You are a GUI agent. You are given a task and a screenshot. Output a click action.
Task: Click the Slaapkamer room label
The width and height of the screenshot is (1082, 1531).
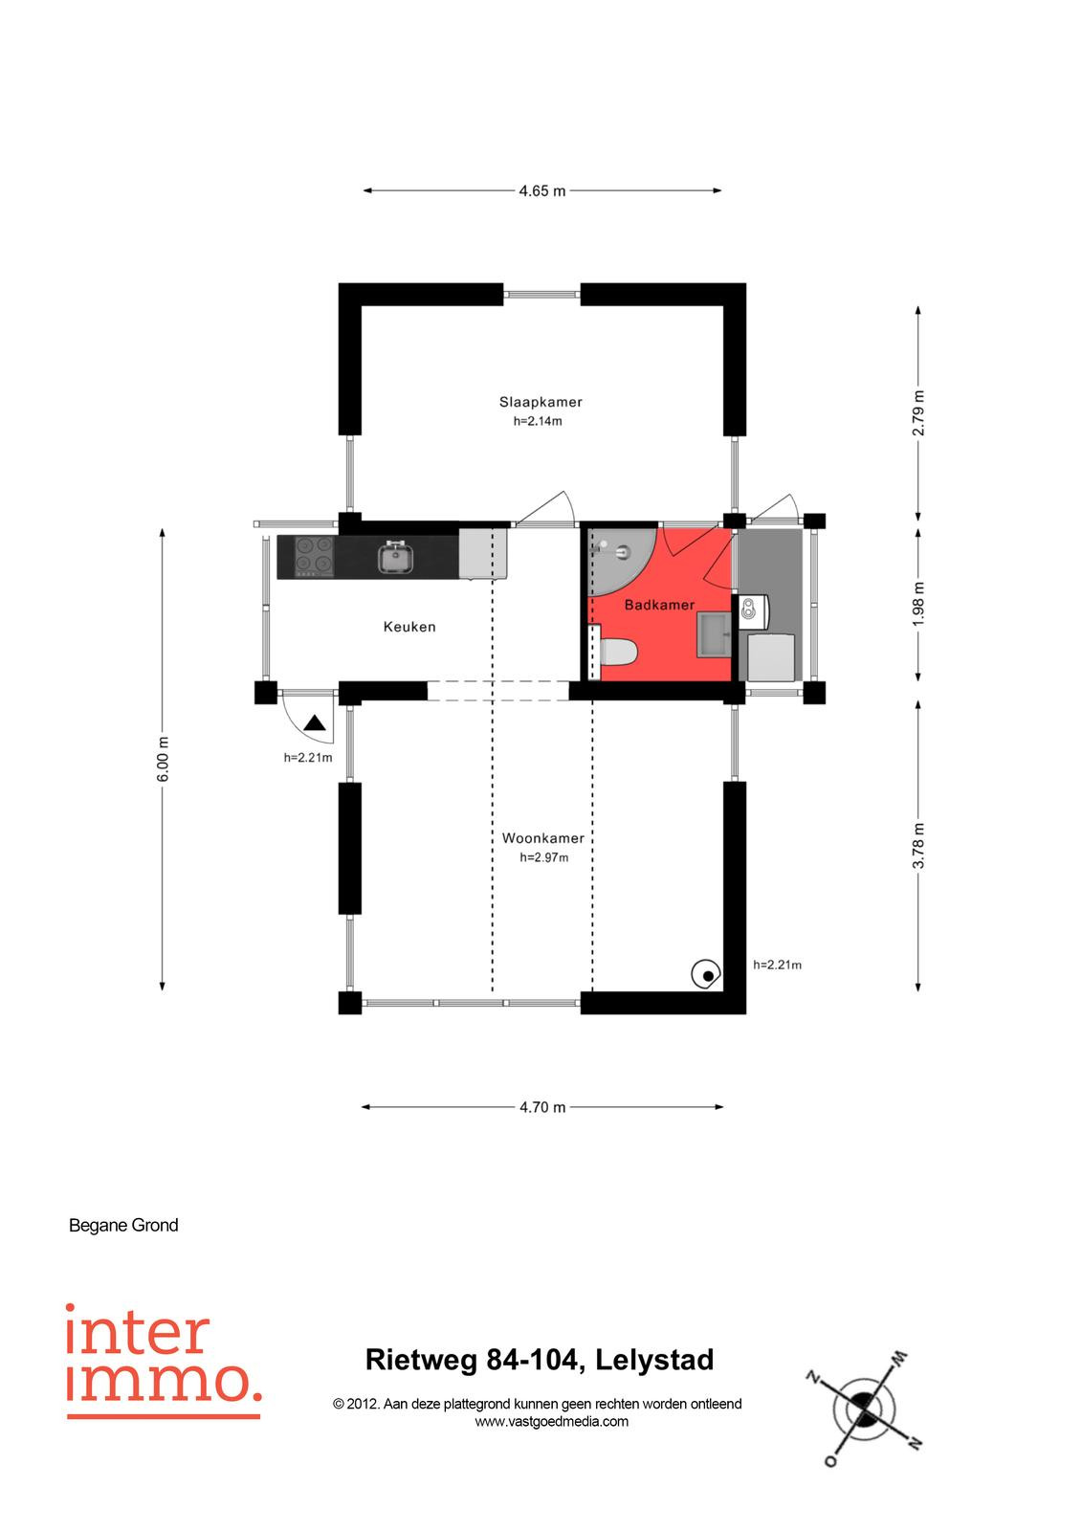[x=540, y=402]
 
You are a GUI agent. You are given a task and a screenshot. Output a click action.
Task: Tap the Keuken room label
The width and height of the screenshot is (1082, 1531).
[x=409, y=626]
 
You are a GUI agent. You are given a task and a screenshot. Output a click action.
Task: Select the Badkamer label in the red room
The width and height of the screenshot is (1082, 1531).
[x=659, y=605]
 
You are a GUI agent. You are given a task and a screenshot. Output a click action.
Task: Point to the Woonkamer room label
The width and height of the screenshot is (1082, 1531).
[x=542, y=838]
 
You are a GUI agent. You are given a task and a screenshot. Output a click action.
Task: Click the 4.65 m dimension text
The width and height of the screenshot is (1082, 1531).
[x=542, y=190]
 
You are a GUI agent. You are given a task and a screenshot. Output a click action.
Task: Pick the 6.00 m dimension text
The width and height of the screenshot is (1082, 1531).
[x=162, y=759]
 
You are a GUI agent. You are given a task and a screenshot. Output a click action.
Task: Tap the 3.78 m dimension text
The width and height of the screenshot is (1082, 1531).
[x=918, y=845]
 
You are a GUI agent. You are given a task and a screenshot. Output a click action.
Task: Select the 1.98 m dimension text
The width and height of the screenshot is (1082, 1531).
[x=918, y=604]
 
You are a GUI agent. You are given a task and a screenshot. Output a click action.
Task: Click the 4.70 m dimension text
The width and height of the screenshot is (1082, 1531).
[x=542, y=1107]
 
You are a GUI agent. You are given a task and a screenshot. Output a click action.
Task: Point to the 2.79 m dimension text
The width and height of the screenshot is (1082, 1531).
[x=918, y=412]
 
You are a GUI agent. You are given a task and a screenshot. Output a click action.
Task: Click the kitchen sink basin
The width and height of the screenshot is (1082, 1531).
[x=396, y=557]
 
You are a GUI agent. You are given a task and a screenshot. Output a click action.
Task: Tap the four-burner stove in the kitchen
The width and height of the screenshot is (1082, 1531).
[x=314, y=556]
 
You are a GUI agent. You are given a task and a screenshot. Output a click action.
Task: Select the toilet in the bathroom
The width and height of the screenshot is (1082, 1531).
[x=617, y=652]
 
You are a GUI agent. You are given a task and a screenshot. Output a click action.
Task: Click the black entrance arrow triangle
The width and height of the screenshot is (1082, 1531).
[x=315, y=723]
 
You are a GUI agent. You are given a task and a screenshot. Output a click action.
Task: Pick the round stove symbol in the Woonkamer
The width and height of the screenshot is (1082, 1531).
[x=705, y=975]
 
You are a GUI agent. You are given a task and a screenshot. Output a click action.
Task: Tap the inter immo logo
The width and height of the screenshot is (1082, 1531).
[x=164, y=1361]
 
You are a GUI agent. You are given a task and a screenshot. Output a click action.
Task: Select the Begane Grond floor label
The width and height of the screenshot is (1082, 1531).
[x=123, y=1225]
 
